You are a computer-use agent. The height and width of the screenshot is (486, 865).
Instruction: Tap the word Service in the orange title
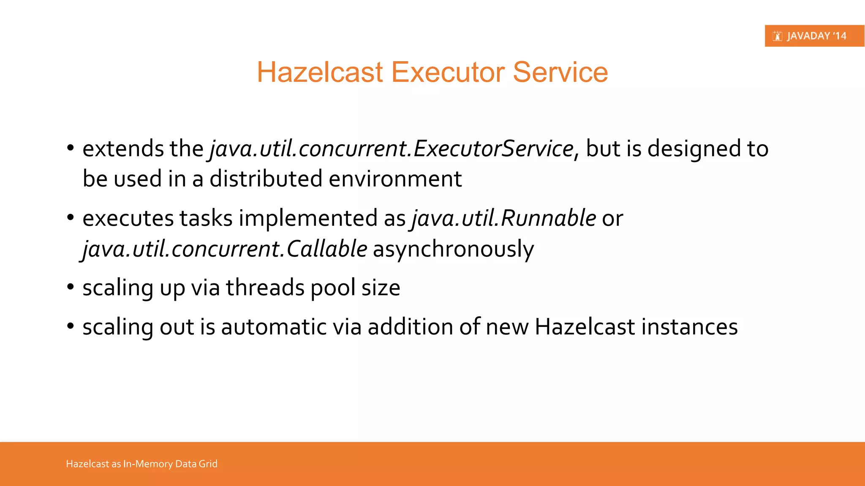click(560, 72)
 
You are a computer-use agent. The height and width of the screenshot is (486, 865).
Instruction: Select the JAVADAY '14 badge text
click(816, 36)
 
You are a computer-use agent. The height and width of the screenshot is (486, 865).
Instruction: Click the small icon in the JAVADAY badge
click(777, 36)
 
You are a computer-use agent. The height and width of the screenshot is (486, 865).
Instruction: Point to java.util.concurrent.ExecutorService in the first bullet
click(392, 148)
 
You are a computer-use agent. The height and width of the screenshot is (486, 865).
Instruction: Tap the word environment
click(395, 179)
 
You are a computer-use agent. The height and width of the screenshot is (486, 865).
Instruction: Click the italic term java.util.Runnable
click(503, 219)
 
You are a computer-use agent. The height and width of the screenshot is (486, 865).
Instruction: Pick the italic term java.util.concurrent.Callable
click(224, 249)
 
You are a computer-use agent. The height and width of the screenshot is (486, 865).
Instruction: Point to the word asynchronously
click(453, 249)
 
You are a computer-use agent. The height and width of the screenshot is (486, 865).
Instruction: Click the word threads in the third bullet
click(265, 288)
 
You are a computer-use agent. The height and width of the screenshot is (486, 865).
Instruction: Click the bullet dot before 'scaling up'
click(71, 287)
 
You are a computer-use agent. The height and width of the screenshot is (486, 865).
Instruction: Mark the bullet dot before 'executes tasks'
click(71, 218)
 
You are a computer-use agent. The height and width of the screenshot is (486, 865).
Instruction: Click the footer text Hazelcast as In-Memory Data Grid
click(141, 464)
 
